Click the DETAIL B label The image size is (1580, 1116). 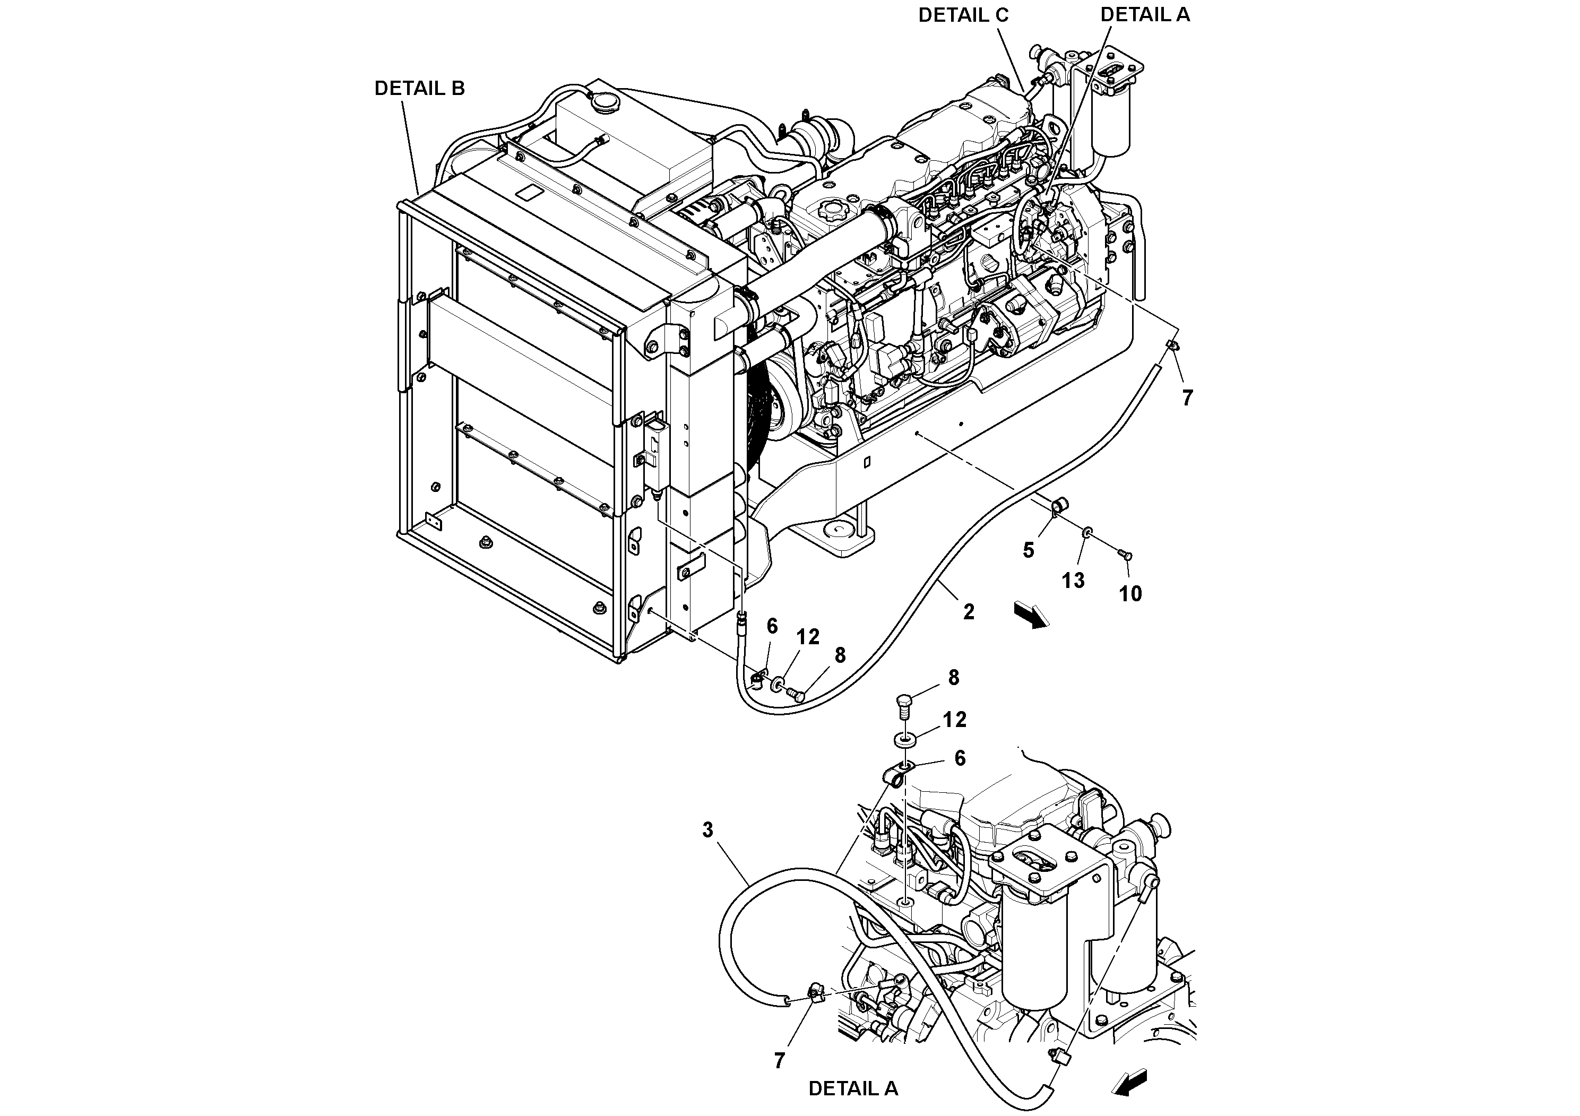(419, 88)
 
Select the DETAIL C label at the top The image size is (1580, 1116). (963, 15)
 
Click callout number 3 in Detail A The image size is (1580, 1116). (708, 830)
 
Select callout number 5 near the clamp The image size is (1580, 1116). (1028, 550)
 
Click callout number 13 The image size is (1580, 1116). (1073, 581)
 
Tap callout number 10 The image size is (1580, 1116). (1130, 594)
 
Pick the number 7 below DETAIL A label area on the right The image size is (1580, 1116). (1187, 397)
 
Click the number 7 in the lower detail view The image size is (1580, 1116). (779, 1061)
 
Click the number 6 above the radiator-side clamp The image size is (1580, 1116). (771, 626)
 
